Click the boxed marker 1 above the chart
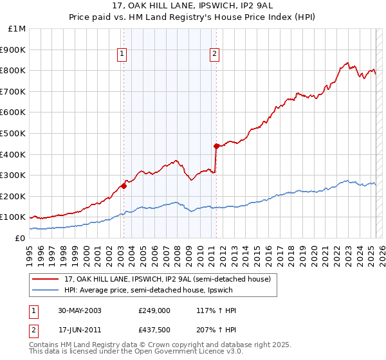(x=122, y=55)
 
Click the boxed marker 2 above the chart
(x=214, y=55)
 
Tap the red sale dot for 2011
(x=216, y=146)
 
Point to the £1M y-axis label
(x=17, y=28)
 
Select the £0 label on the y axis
(x=20, y=238)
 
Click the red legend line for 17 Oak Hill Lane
(x=45, y=278)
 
